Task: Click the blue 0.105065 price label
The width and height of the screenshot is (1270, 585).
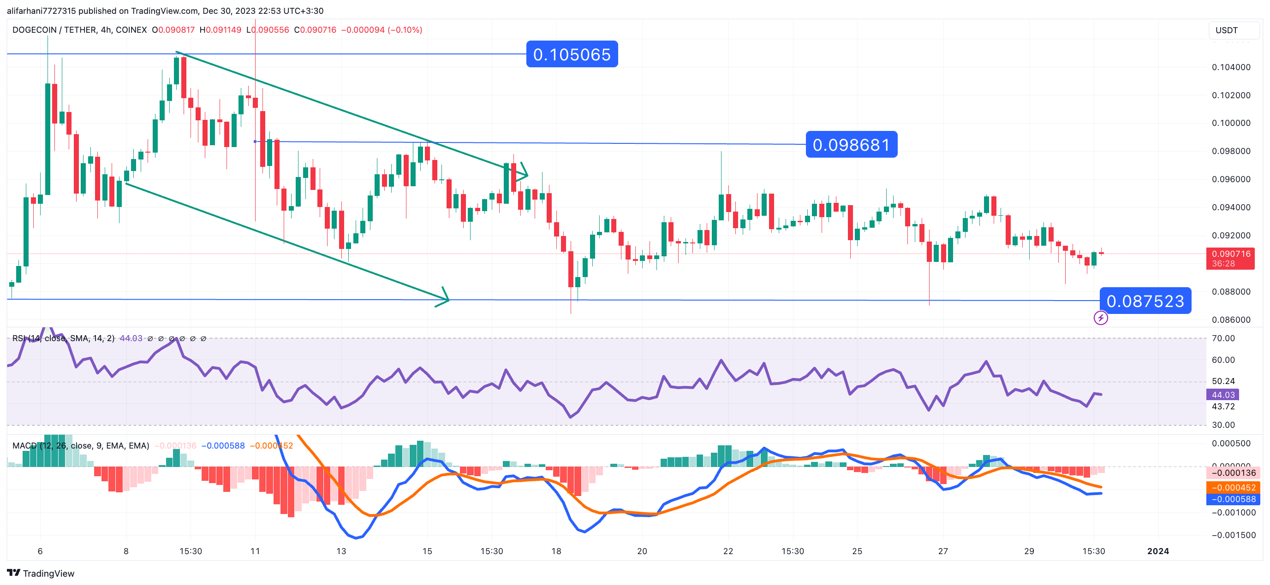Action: point(572,54)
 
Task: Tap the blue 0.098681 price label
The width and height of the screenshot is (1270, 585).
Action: point(851,145)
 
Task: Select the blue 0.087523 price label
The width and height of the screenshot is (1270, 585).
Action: point(1145,301)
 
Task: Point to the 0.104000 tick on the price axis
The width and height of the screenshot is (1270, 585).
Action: point(1231,67)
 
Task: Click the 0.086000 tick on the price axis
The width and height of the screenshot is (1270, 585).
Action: point(1231,320)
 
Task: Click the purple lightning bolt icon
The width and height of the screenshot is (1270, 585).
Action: point(1100,318)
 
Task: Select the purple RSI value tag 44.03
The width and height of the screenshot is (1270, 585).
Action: point(1222,395)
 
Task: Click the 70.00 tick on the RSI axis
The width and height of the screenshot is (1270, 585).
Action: point(1222,338)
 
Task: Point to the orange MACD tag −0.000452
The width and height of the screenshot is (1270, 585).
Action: point(1233,487)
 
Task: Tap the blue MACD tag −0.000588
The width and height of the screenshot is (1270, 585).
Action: point(1233,499)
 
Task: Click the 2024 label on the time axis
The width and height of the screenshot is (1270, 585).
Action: point(1157,551)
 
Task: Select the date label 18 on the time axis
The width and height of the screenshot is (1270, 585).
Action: point(556,551)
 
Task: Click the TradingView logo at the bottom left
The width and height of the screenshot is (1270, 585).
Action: point(41,573)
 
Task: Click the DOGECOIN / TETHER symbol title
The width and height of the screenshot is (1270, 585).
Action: point(79,30)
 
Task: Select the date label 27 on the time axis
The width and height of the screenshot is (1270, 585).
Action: point(942,551)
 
